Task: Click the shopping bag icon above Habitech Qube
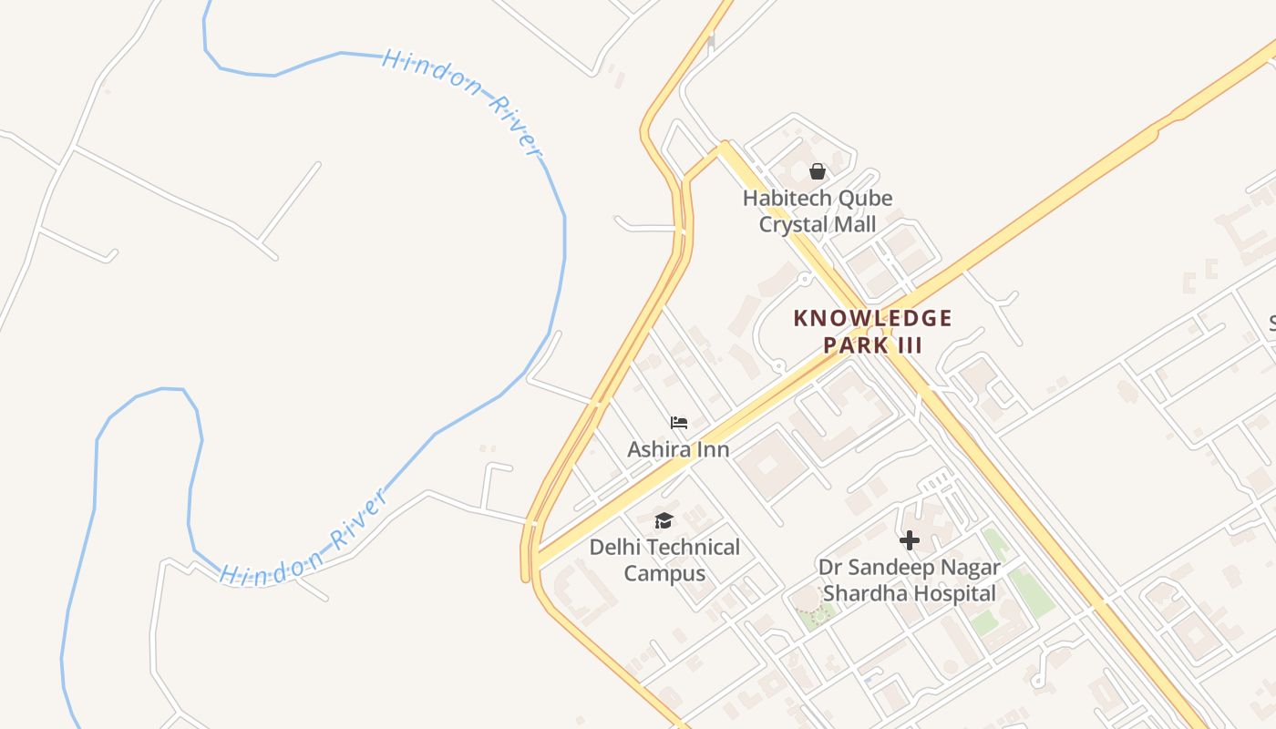click(818, 171)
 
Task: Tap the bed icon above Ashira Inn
click(678, 423)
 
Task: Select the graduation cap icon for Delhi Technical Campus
click(664, 520)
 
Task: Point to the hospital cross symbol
click(909, 540)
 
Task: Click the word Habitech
click(785, 199)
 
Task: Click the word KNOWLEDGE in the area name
click(872, 318)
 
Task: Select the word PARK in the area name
click(855, 345)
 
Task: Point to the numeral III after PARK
click(909, 345)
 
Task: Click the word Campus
click(664, 574)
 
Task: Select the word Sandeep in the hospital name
click(890, 568)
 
